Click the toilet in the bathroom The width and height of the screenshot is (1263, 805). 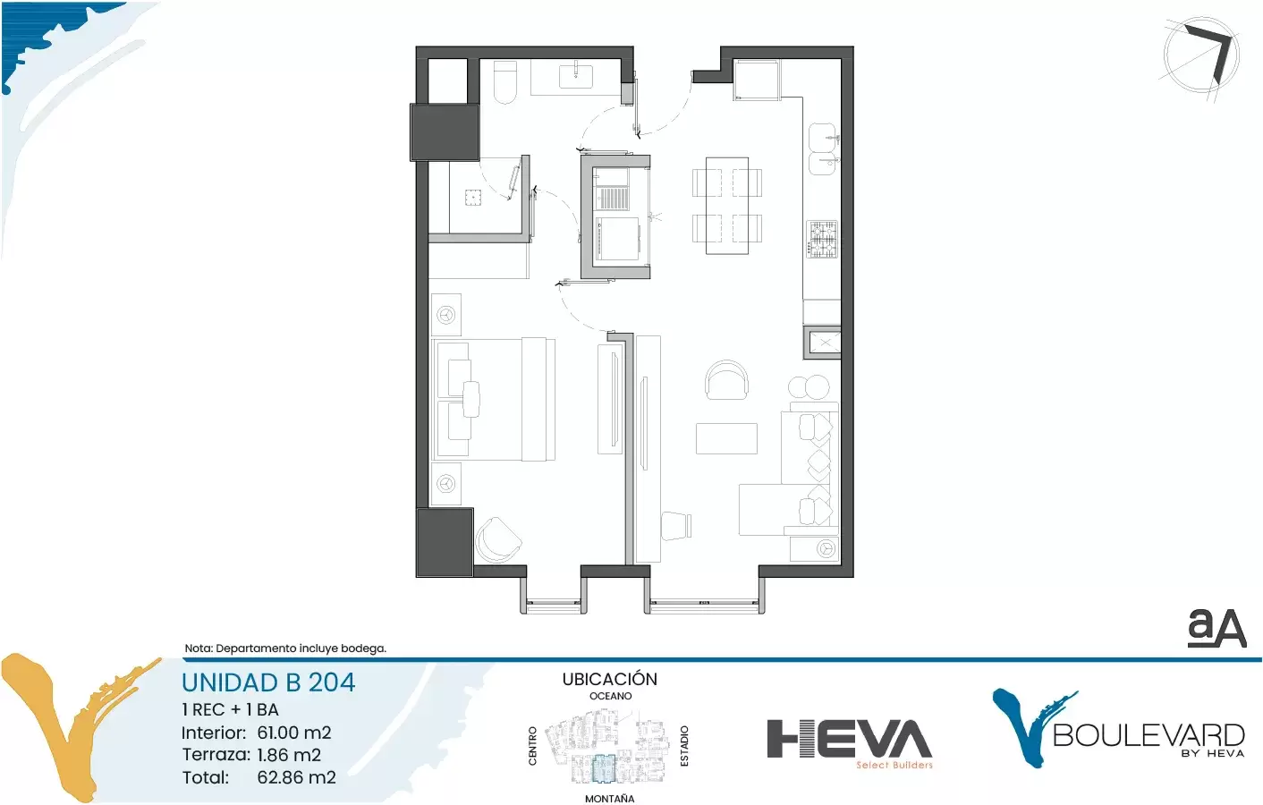504,82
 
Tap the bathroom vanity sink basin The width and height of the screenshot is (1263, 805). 576,77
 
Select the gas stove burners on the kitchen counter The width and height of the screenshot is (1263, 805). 823,239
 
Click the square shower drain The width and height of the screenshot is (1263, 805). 474,198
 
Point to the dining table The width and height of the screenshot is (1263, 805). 727,206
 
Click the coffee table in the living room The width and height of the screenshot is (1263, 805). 726,438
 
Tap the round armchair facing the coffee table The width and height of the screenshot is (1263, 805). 727,380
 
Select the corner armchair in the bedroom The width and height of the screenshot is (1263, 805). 498,540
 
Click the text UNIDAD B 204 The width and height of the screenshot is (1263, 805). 268,682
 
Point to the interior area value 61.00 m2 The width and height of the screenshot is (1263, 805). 294,733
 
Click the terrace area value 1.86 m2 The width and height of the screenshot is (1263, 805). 289,755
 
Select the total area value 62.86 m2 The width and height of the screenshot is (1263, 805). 297,777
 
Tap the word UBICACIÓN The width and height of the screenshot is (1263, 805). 609,679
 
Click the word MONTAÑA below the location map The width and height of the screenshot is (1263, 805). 609,798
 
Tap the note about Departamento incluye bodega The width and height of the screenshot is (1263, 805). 285,648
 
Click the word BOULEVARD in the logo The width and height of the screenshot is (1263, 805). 1149,735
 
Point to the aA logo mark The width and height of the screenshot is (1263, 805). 1216,628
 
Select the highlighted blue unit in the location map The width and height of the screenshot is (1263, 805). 603,767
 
